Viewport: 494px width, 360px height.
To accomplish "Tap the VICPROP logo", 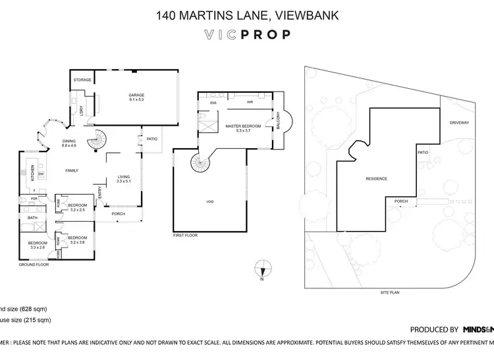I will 246,35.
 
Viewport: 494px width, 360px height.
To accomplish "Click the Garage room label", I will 136,98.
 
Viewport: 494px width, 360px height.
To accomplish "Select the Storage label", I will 82,80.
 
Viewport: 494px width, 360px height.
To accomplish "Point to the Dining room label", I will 69,141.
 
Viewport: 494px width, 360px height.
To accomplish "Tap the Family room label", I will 71,170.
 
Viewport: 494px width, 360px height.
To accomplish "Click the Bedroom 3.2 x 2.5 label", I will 77,207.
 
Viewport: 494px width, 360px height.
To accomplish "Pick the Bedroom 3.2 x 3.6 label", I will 77,239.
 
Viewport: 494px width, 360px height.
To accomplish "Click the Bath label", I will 32,218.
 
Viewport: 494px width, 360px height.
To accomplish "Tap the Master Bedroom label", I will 243,128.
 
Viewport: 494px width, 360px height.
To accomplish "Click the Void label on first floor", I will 210,201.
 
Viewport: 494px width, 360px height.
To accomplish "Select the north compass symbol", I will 263,269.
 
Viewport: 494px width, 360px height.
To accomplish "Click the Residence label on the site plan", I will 376,179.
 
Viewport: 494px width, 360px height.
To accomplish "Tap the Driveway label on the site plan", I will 459,122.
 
